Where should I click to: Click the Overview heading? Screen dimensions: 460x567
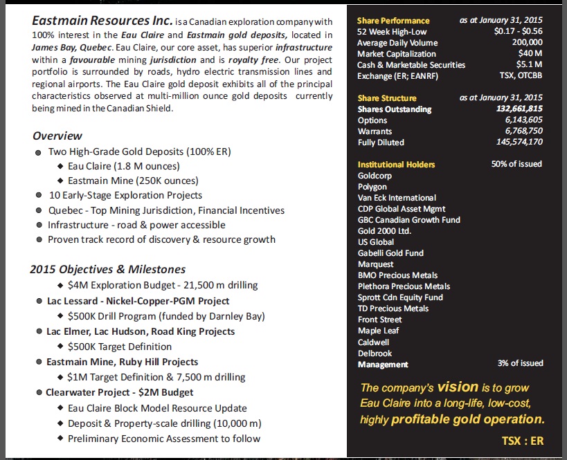coord(57,136)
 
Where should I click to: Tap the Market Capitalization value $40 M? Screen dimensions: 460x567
coord(530,54)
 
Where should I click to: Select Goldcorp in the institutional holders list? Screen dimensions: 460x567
coord(375,176)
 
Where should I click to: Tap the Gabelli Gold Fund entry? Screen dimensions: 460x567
coord(390,253)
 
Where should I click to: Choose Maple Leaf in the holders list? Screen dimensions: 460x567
coord(378,331)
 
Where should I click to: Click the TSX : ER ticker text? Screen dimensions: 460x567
coord(522,441)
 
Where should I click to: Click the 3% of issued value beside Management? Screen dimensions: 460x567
coord(520,363)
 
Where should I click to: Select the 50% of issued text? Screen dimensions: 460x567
coord(516,164)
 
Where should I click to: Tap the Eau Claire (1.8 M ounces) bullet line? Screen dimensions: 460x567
coord(124,166)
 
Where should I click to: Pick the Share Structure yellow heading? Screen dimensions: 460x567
coord(387,98)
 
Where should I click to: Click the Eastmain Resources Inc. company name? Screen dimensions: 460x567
coord(96,22)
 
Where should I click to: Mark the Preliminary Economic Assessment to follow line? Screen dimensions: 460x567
coord(164,439)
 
